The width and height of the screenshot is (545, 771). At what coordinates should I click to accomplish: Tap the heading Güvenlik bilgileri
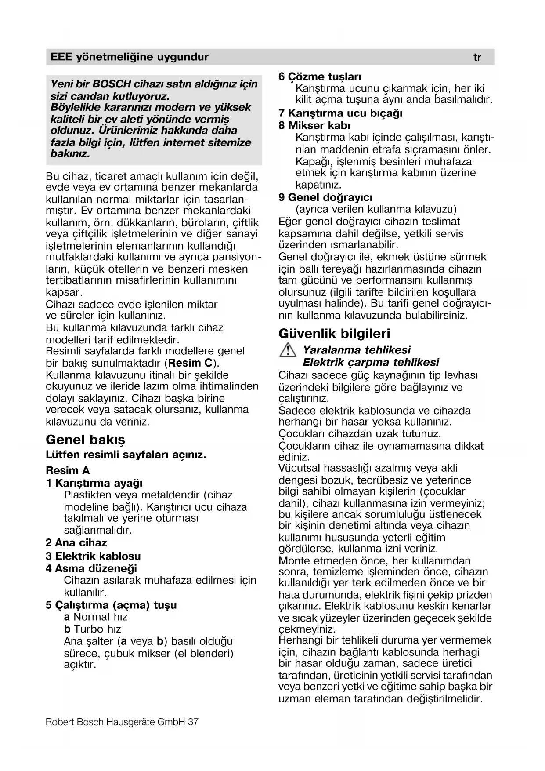[x=334, y=334]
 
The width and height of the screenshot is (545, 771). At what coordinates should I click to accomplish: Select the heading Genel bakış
[x=85, y=440]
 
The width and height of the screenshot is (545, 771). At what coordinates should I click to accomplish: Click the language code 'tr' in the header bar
[x=477, y=58]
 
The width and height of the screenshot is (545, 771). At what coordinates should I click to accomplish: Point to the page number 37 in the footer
[x=193, y=722]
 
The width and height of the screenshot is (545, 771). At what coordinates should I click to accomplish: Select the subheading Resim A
[x=68, y=470]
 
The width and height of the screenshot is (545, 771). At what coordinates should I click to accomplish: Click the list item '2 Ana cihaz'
[x=76, y=543]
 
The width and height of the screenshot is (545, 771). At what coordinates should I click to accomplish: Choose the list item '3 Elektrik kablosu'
[x=93, y=556]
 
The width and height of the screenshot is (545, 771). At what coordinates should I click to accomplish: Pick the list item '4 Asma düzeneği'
[x=91, y=568]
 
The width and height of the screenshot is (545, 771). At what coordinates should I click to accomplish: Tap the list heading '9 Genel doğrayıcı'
[x=325, y=197]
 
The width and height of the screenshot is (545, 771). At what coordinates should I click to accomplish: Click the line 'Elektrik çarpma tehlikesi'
[x=371, y=363]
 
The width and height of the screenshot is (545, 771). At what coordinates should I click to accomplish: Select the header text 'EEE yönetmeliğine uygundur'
[x=130, y=57]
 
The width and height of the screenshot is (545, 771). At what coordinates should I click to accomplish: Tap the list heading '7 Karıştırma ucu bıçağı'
[x=341, y=113]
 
